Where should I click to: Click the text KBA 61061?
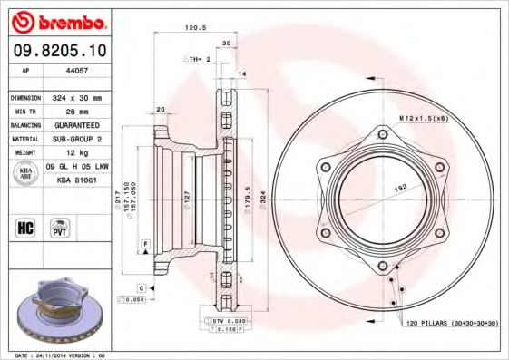pos(77,181)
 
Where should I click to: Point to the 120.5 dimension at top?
pos(194,28)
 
